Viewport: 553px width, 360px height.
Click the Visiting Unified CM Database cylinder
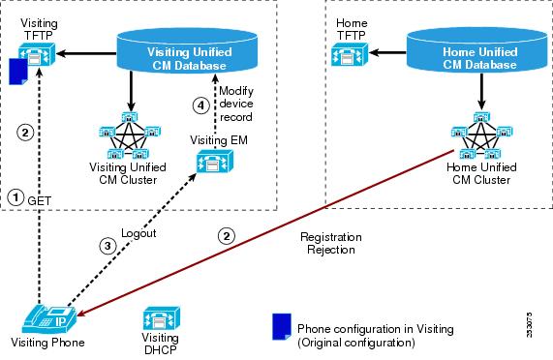(x=187, y=51)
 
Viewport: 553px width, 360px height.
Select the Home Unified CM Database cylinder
(x=477, y=50)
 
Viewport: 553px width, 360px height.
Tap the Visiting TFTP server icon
(x=37, y=54)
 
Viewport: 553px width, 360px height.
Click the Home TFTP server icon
(x=350, y=54)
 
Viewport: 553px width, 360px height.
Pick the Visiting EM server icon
(x=215, y=162)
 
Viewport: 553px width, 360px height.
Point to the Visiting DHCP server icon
(x=161, y=318)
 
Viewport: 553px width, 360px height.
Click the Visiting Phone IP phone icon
(x=49, y=318)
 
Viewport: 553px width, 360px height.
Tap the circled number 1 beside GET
(x=15, y=197)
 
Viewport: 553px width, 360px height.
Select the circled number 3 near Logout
(x=108, y=246)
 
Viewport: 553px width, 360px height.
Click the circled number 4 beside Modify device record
(x=201, y=105)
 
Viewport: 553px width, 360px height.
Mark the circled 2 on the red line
(x=226, y=236)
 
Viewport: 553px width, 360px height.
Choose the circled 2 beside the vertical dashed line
(x=25, y=133)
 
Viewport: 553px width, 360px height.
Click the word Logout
(x=138, y=233)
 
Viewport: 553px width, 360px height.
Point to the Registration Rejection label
(x=331, y=243)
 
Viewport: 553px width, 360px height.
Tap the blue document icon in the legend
(x=282, y=326)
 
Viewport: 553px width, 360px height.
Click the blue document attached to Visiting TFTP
(x=18, y=72)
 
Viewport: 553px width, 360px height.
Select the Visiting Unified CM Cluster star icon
(x=130, y=135)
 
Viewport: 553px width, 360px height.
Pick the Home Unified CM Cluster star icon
(x=481, y=135)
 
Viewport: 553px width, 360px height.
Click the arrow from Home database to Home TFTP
(x=387, y=53)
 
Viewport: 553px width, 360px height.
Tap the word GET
(x=39, y=201)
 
